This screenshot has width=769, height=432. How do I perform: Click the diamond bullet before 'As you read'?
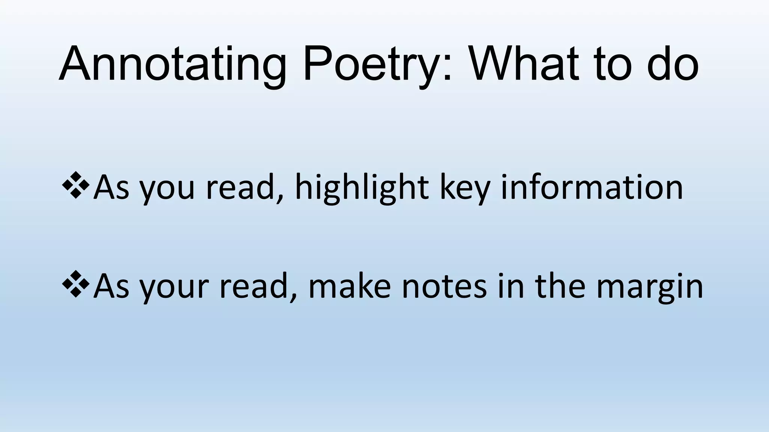pos(75,185)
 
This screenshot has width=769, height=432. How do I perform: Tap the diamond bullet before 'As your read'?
pos(75,284)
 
